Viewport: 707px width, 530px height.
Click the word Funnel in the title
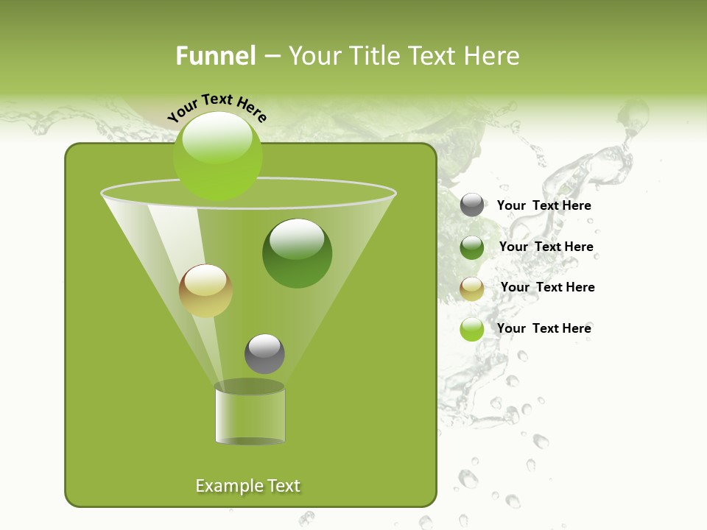point(215,56)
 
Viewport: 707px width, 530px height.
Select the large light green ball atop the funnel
point(218,156)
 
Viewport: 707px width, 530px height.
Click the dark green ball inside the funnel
point(298,253)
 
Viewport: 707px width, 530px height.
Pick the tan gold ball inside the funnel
point(205,291)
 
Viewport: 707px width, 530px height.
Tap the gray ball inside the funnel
point(264,354)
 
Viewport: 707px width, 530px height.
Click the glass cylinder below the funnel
point(250,416)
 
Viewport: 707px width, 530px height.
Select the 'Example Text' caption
point(247,486)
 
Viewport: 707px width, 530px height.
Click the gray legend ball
point(472,205)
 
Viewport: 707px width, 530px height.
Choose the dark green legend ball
point(472,247)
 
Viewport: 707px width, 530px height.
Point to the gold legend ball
point(472,289)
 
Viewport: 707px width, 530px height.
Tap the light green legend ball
point(472,329)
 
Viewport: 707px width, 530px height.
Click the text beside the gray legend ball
point(544,206)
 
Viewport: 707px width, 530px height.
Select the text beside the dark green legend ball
point(546,247)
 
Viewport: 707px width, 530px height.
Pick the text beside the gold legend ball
point(547,288)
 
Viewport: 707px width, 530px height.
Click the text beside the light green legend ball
point(544,328)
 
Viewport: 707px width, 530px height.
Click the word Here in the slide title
point(493,56)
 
